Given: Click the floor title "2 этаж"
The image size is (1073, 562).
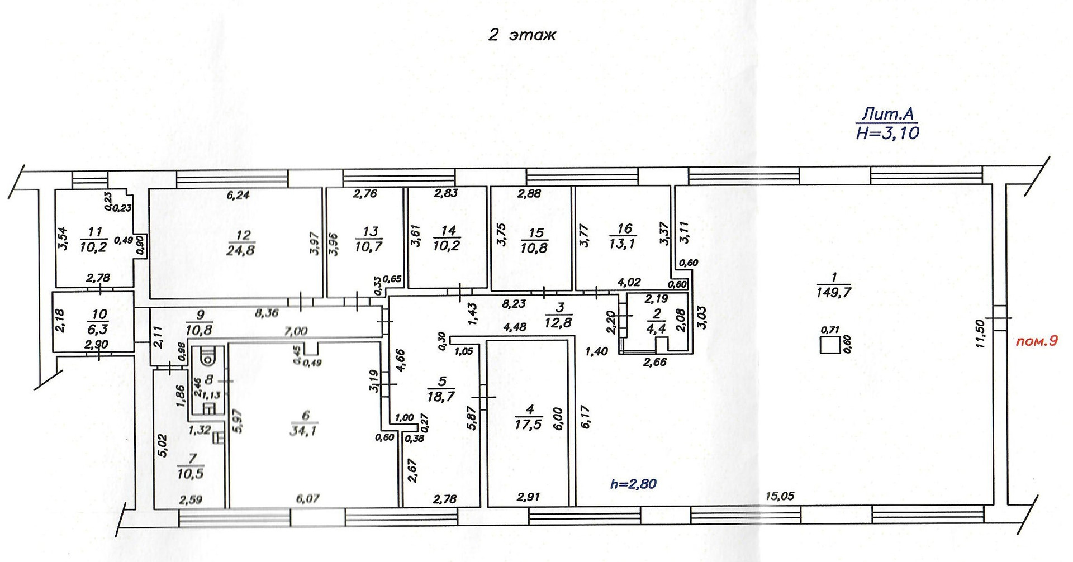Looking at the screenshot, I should (x=522, y=35).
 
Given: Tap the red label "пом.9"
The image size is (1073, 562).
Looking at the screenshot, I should (x=1037, y=341).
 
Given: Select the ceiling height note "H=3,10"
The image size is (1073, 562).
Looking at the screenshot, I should (x=887, y=133).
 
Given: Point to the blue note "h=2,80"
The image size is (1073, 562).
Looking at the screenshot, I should (x=633, y=483).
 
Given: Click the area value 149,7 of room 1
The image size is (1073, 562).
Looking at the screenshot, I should (x=833, y=292).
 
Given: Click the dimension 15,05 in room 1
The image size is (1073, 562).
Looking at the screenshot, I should (x=780, y=496).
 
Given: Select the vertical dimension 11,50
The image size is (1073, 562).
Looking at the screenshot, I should (x=981, y=334).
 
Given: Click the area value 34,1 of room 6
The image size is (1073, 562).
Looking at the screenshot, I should (x=303, y=431).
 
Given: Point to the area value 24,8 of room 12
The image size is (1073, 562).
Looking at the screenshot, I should (x=241, y=250).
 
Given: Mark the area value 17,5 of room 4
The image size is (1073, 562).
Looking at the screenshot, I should (x=528, y=425).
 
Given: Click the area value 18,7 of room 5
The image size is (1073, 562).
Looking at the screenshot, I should (x=441, y=397).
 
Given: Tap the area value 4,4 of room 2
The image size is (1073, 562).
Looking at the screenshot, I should (x=656, y=328).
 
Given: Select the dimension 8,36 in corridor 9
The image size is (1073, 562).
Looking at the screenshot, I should (x=267, y=313).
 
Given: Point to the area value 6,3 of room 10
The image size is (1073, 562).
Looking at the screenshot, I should (x=98, y=330).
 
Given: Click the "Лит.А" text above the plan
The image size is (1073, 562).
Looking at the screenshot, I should (x=887, y=115).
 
